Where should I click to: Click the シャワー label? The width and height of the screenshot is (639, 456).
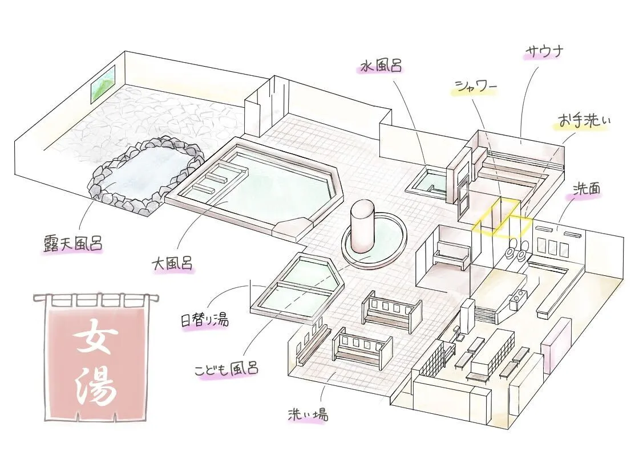(476, 87)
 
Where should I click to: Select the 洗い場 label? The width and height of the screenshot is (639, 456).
(308, 414)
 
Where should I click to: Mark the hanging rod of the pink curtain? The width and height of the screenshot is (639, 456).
(94, 297)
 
